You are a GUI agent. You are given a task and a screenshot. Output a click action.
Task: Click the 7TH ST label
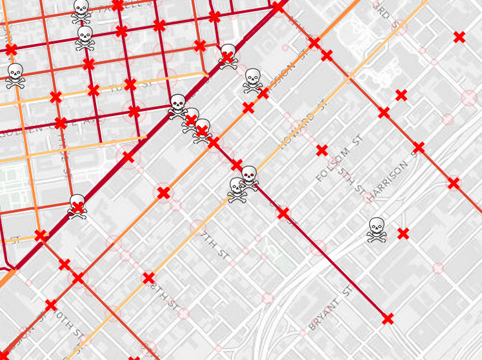coord(216,243)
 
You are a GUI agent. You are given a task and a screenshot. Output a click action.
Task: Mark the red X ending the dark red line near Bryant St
coord(387,319)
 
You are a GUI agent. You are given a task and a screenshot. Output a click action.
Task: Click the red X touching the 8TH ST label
coord(148,278)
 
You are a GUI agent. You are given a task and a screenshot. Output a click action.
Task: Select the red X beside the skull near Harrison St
coord(403,233)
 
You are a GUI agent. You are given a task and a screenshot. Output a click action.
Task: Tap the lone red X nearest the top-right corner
coord(459,37)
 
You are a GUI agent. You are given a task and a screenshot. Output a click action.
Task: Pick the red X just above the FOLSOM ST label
coord(322,150)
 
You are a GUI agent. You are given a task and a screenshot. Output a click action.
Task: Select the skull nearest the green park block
coord(77,206)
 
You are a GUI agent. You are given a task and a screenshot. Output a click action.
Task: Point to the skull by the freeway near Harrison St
coord(377,229)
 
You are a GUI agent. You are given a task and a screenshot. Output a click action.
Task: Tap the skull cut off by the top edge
coord(81,9)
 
